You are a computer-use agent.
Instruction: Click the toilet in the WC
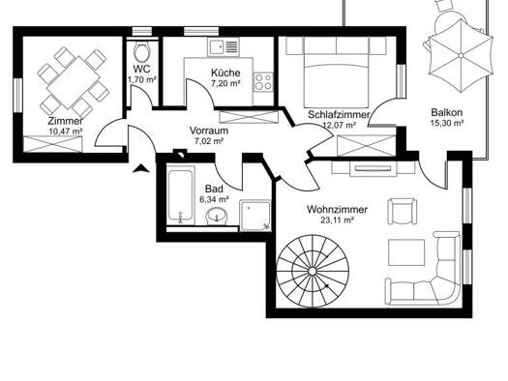coord(142,51)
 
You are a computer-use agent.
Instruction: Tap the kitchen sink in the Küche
coord(224,47)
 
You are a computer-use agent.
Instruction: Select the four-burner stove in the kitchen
coord(263,82)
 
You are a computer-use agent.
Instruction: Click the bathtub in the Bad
coord(181,195)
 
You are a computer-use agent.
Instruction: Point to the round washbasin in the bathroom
coord(217,216)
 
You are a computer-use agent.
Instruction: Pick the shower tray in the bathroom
coord(255,216)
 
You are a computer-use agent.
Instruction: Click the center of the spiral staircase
coord(313,272)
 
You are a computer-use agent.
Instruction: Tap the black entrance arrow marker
coord(141,168)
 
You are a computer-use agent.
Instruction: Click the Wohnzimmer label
coord(337,210)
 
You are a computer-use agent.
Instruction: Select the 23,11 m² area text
coord(337,220)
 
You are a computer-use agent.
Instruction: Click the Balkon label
coord(447,112)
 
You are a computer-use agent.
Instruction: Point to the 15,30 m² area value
coord(447,123)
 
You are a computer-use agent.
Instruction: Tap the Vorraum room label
coord(209,131)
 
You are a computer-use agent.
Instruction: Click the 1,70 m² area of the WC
coord(142,79)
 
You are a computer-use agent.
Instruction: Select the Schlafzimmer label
coord(339,115)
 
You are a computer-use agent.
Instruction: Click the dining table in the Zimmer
coord(74,82)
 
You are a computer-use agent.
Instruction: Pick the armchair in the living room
coord(403,211)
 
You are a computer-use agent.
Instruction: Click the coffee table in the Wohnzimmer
coord(406,252)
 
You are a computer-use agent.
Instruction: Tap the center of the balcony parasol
coord(461,56)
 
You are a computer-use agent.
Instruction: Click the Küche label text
coord(225,73)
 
